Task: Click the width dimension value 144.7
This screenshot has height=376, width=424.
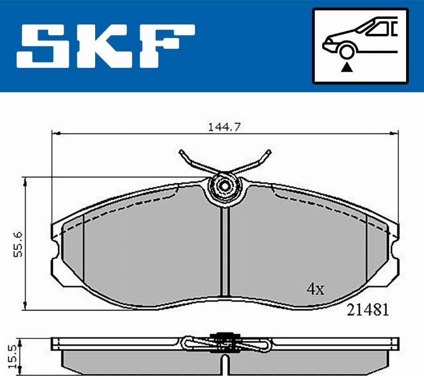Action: tap(222, 127)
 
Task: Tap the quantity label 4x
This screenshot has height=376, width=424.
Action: tap(315, 289)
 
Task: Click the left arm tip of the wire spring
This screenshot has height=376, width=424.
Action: tap(181, 152)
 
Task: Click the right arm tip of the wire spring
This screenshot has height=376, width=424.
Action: tap(269, 152)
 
